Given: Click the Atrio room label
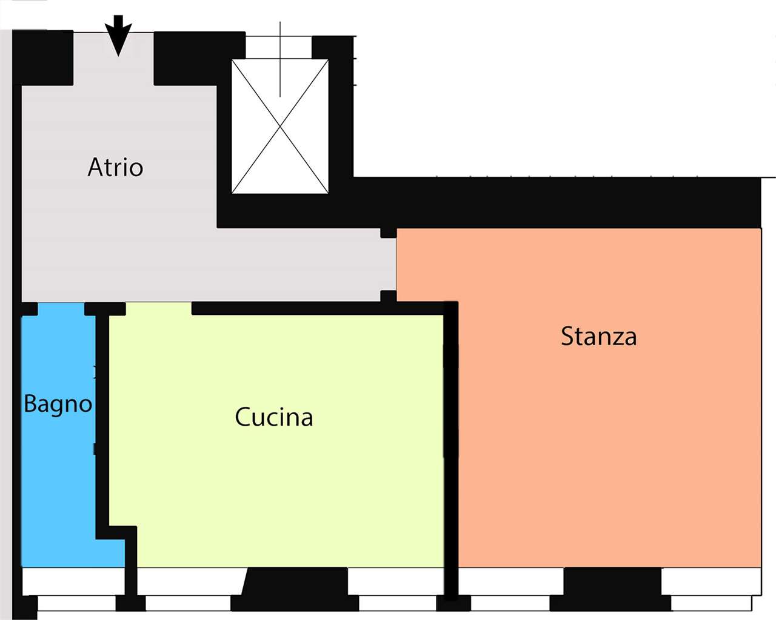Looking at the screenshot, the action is (x=115, y=168).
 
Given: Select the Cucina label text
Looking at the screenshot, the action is (x=273, y=417).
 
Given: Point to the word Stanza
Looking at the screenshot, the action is (x=598, y=337).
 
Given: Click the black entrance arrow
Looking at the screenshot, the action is (x=118, y=36).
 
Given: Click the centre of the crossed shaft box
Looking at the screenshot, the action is (x=280, y=126).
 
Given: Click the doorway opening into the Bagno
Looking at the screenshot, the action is (x=61, y=309).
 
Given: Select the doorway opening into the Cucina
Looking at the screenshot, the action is (x=159, y=309).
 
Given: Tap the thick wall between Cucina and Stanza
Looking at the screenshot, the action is (x=450, y=450).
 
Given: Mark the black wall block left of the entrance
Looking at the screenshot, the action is (x=42, y=58).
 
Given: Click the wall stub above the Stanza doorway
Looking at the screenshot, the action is (x=389, y=232).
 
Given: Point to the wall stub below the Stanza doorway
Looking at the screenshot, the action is (x=389, y=296).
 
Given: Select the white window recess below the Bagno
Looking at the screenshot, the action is (x=73, y=581).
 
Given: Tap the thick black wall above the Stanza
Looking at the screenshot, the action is (x=555, y=202).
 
